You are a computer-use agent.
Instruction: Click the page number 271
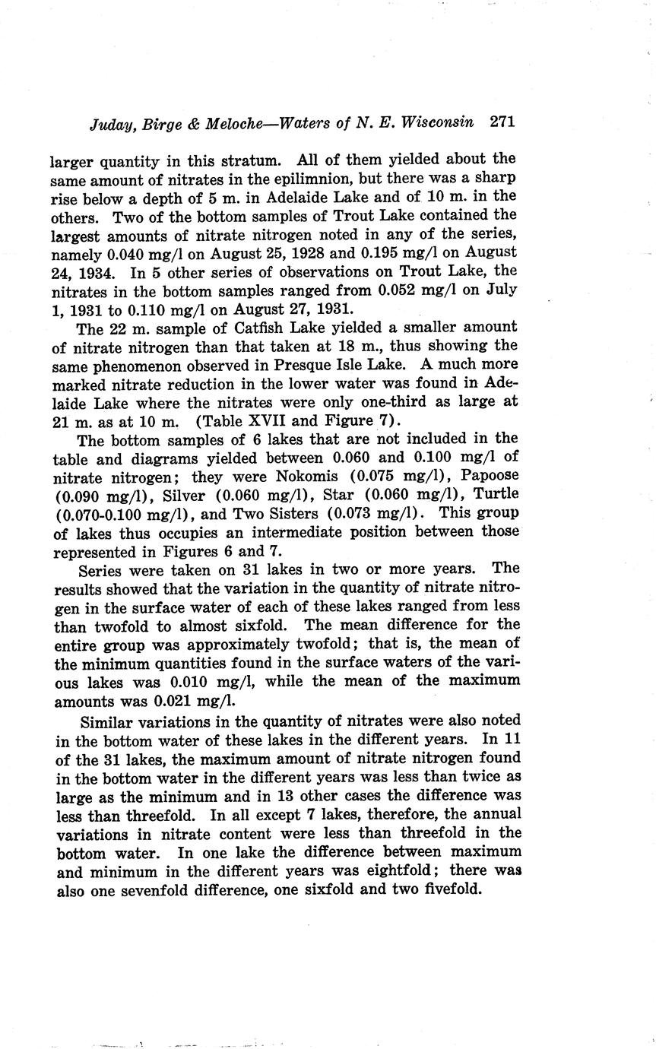pyautogui.click(x=503, y=122)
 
